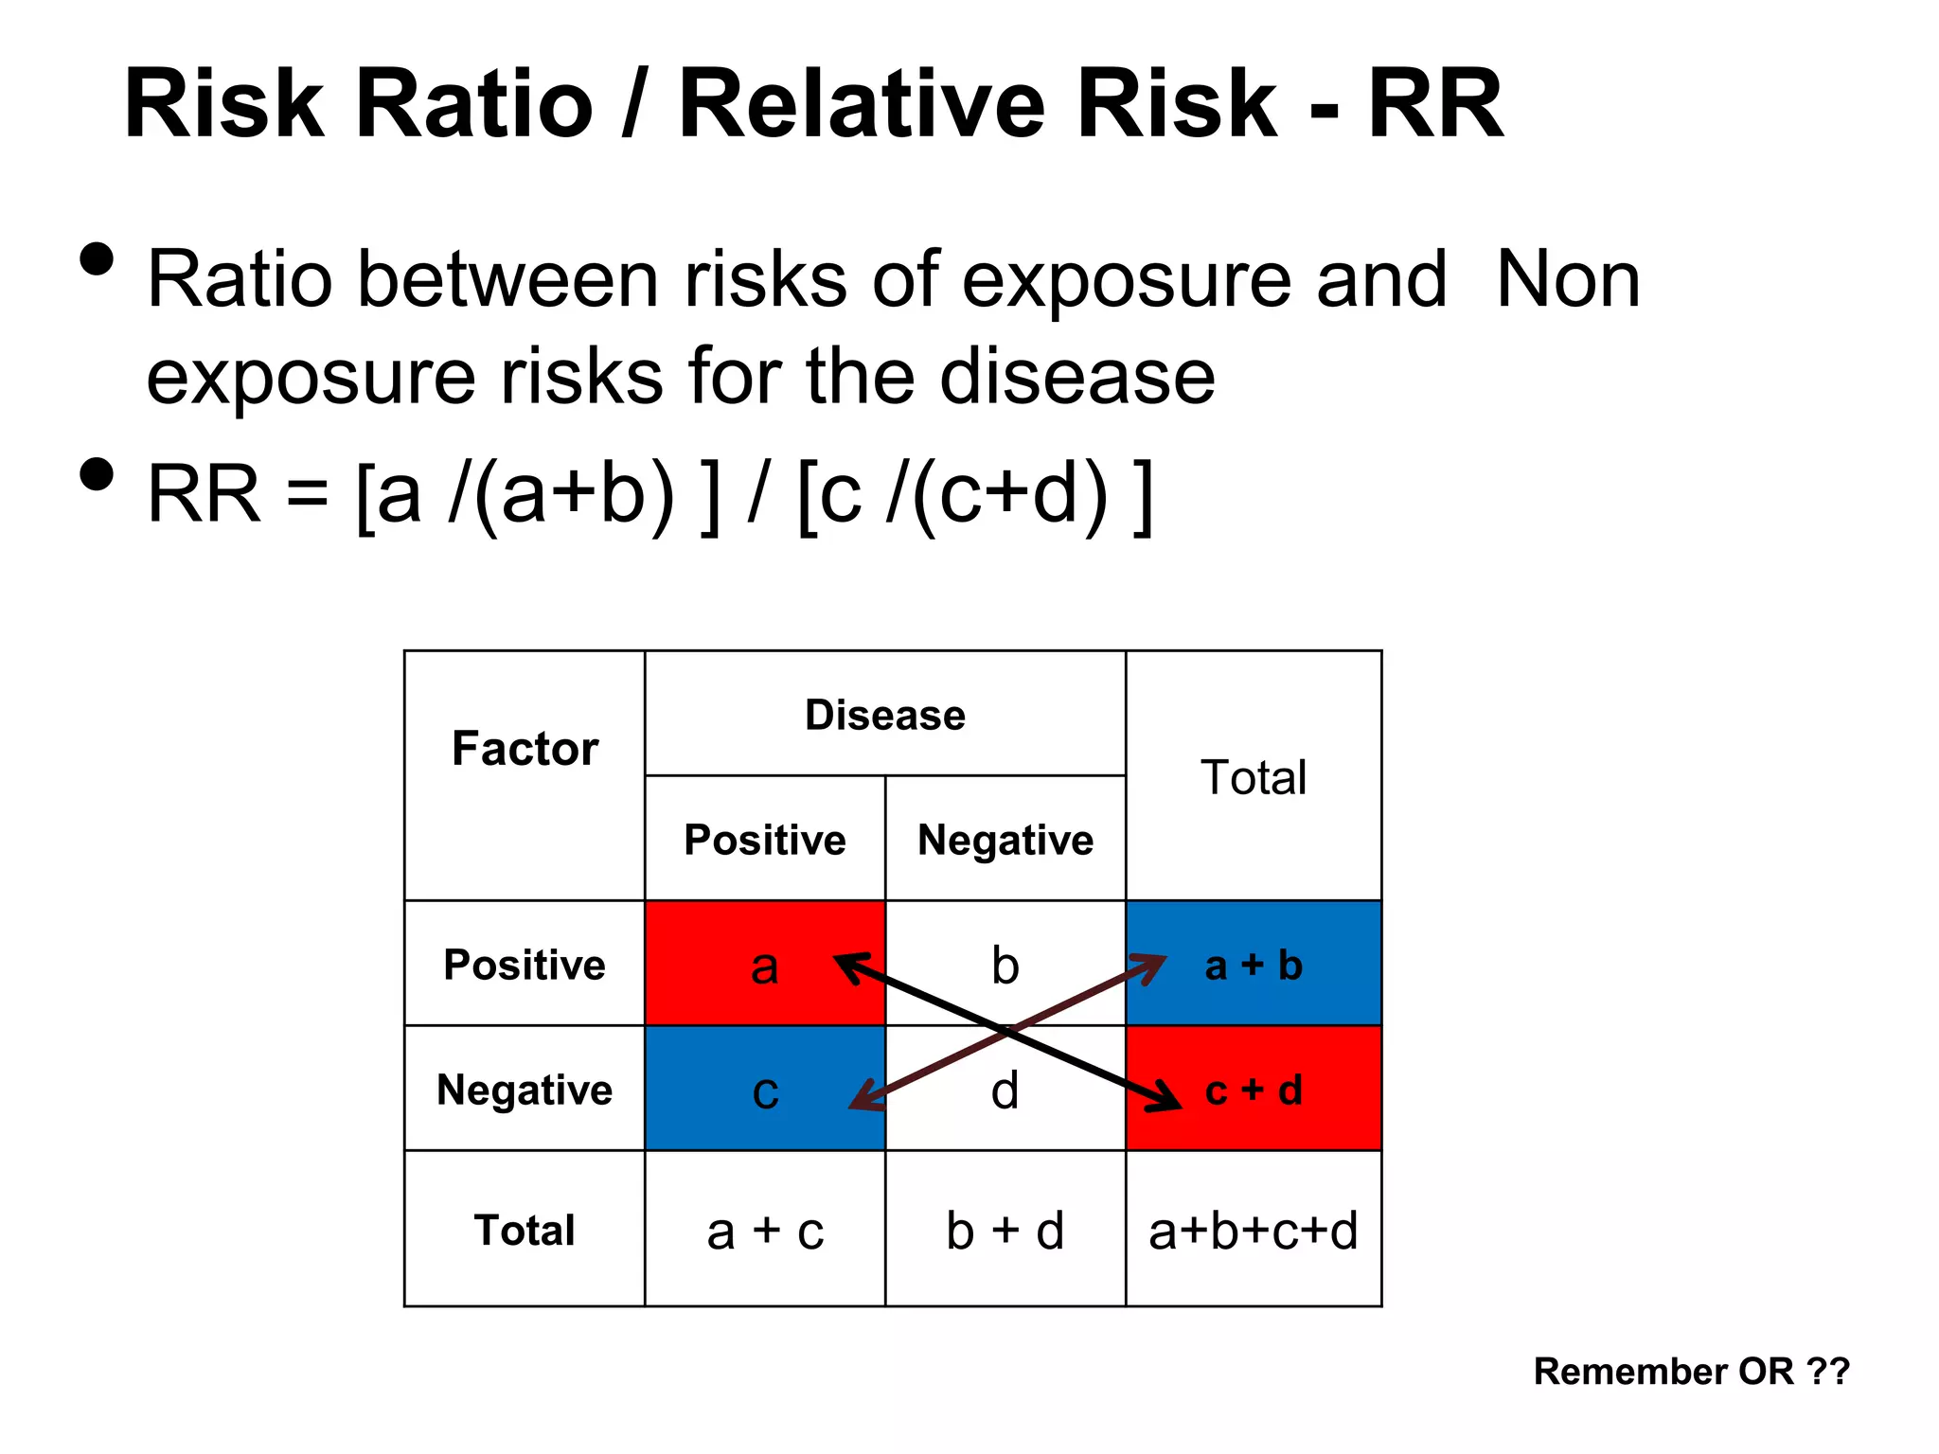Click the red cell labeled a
tap(748, 964)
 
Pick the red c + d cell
tap(1254, 1090)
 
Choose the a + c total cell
tap(765, 1230)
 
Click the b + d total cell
tap(1005, 1230)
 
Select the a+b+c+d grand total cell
tap(1254, 1230)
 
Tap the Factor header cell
tap(525, 748)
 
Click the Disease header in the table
tap(885, 715)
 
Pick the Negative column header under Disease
tap(1005, 840)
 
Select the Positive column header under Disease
tap(765, 840)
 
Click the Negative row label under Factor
tap(525, 1090)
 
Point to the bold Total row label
tap(525, 1230)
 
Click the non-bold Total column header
tap(1254, 777)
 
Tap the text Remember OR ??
tap(1691, 1371)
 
